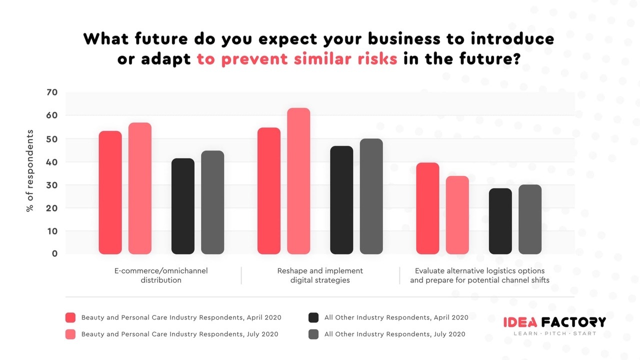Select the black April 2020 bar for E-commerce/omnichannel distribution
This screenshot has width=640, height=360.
tap(183, 206)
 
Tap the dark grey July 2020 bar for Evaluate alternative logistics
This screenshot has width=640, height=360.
tap(530, 219)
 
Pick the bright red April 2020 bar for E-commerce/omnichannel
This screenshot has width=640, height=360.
tap(110, 192)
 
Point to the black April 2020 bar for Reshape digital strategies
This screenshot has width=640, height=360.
tap(341, 200)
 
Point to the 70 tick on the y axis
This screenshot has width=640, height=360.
tap(52, 92)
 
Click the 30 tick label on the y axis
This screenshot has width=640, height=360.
tap(52, 185)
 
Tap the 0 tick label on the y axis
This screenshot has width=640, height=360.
tap(54, 253)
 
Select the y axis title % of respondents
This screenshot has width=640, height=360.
tap(30, 170)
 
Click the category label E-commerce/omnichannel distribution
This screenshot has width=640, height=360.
tap(161, 275)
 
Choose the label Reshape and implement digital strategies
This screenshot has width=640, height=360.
tap(320, 275)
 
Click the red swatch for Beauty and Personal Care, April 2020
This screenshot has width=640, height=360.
tap(70, 317)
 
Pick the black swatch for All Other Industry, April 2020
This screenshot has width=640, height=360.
tap(313, 317)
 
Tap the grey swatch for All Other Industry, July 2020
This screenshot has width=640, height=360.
tap(313, 334)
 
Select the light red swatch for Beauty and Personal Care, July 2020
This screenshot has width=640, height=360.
tap(70, 334)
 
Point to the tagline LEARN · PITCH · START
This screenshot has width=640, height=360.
tap(555, 333)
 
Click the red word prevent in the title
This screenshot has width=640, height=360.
tap(254, 59)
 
